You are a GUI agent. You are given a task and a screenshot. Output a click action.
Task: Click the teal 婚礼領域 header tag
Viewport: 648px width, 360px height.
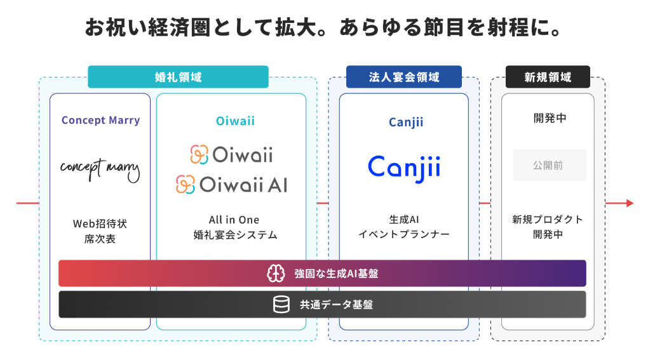coord(178,77)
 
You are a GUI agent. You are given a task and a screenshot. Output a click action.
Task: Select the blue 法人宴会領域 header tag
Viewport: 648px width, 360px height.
coord(403,77)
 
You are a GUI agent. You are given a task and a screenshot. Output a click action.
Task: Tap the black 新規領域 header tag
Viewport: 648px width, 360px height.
coord(547,77)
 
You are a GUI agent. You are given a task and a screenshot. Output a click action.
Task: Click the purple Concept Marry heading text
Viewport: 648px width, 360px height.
coord(100,120)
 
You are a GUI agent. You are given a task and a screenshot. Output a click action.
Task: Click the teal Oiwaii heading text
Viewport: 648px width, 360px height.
coord(231,121)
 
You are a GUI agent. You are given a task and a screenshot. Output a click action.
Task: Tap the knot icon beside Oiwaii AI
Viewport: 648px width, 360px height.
coord(186,185)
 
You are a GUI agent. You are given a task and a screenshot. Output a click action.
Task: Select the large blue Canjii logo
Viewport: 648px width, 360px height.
coord(404,166)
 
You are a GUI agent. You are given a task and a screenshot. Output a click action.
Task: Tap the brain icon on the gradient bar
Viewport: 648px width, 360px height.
coord(275,273)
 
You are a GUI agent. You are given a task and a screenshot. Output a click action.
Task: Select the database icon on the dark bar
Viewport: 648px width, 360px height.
coord(281,305)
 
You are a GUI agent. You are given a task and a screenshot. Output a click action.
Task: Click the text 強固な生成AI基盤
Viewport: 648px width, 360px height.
coord(332,274)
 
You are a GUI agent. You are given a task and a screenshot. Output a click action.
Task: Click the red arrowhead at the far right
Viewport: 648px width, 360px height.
coord(630,203)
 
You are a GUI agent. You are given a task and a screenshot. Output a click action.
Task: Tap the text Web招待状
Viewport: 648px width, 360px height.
coord(100,223)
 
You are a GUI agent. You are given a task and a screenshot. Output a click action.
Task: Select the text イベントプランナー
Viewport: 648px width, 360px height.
coord(404,234)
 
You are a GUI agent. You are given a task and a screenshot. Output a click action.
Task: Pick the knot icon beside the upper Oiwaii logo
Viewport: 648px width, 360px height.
coord(199,154)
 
